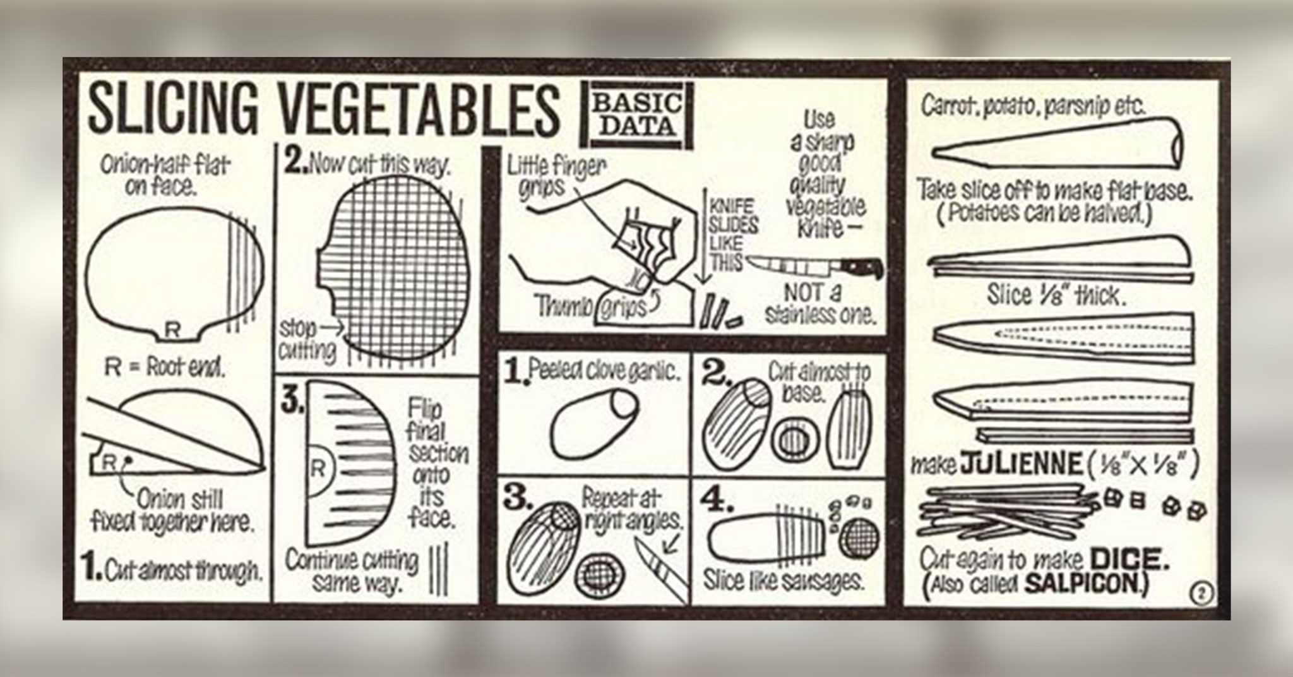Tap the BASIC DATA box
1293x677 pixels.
click(x=636, y=116)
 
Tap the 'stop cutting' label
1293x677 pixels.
click(x=307, y=339)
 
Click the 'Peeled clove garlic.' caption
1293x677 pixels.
click(x=605, y=372)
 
